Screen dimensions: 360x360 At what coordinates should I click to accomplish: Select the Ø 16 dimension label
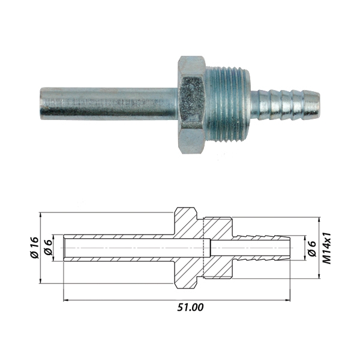pyautogui.click(x=34, y=247)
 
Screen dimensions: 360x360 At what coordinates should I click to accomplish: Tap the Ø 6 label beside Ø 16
pyautogui.click(x=49, y=248)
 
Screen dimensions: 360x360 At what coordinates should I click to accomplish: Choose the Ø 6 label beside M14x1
pyautogui.click(x=311, y=247)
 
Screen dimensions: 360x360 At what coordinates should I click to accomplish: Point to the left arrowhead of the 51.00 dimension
pyautogui.click(x=65, y=299)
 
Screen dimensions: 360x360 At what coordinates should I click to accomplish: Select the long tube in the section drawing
pyautogui.click(x=120, y=247)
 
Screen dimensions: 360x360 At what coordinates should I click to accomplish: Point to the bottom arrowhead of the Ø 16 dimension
pyautogui.click(x=41, y=280)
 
